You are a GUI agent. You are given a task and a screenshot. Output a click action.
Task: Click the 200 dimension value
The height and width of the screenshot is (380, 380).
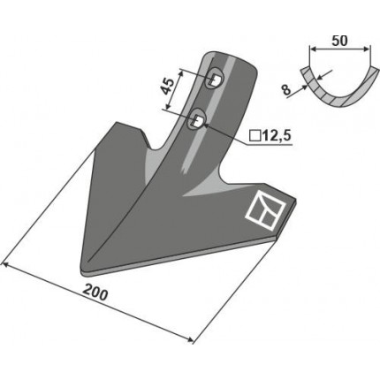[95, 293]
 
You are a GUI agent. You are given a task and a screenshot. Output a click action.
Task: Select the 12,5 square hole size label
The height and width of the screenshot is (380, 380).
[276, 136]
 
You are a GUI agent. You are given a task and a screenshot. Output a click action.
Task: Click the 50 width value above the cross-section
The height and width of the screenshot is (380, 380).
[339, 41]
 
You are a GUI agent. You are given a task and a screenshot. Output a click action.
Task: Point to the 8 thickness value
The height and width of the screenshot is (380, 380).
[285, 89]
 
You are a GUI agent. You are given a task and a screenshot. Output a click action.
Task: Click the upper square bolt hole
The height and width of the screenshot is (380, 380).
[216, 79]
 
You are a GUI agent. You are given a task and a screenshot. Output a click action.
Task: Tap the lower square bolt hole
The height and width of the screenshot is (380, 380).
[198, 119]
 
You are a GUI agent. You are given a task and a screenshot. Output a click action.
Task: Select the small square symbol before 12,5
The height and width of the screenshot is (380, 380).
[254, 136]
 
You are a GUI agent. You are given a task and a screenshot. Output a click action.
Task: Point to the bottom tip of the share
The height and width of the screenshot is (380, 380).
[83, 273]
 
